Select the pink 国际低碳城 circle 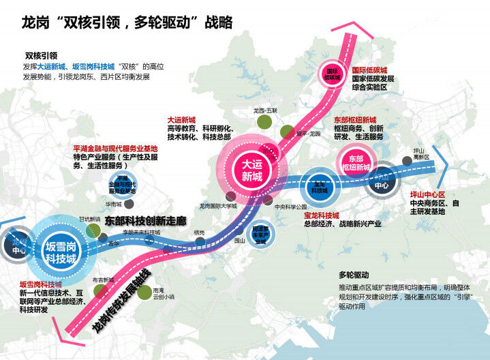click(x=332, y=75)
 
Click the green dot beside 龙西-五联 click(x=264, y=123)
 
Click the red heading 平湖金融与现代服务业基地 click(x=114, y=148)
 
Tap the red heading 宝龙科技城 click(x=324, y=215)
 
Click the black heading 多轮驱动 click(x=353, y=275)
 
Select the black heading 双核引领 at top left click(x=41, y=56)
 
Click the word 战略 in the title click(x=219, y=22)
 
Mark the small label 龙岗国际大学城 click(x=217, y=205)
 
